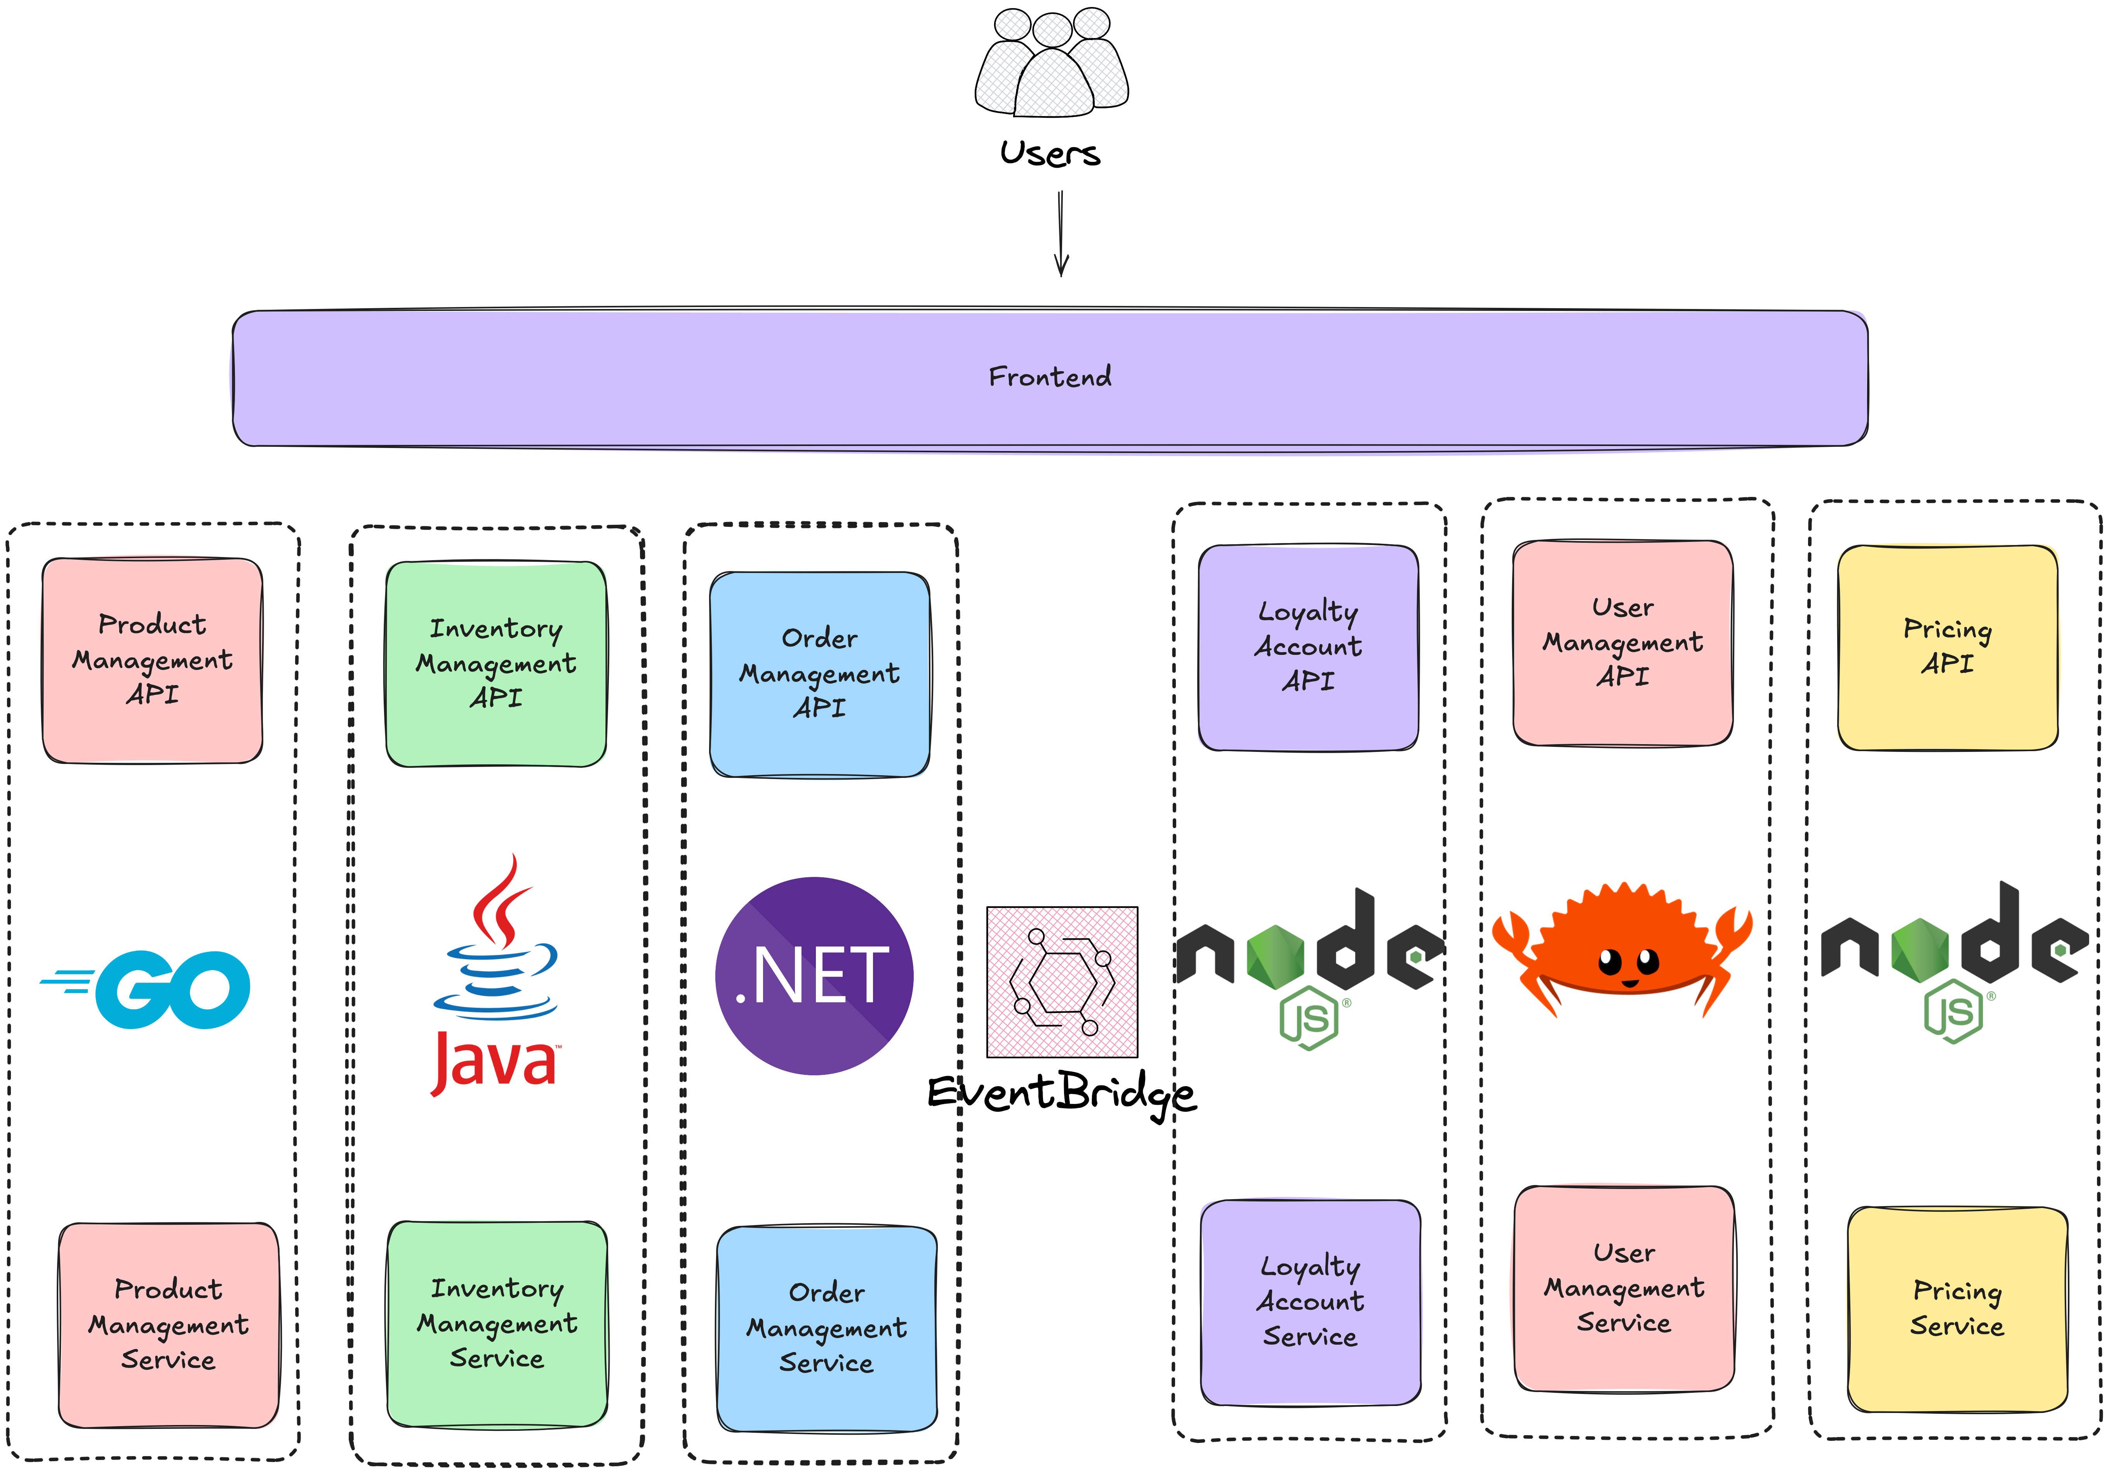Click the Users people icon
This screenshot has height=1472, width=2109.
[x=1052, y=62]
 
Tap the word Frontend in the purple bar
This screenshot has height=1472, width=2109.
[x=1050, y=377]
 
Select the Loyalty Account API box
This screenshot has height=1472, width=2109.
[x=1308, y=647]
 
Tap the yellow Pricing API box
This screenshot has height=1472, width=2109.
[x=1947, y=647]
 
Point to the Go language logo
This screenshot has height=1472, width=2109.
[x=147, y=989]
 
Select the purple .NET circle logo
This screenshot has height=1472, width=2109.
[x=814, y=975]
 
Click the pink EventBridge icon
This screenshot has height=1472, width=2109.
[x=1062, y=982]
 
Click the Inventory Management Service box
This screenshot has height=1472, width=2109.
[x=497, y=1323]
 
